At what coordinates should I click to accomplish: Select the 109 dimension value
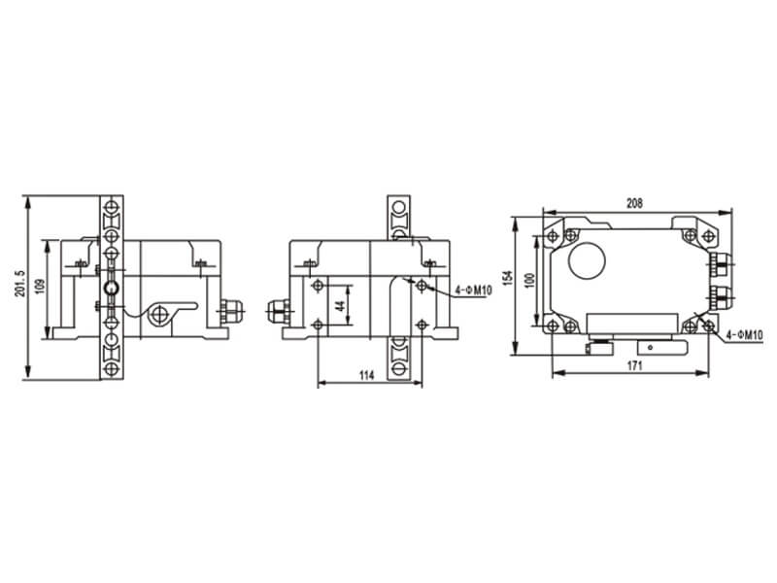40,289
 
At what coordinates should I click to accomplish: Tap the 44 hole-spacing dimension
341,304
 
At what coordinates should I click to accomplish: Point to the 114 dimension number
366,375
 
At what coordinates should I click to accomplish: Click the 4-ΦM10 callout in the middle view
474,291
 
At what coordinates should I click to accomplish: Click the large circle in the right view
586,261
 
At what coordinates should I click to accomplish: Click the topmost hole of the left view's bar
113,206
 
